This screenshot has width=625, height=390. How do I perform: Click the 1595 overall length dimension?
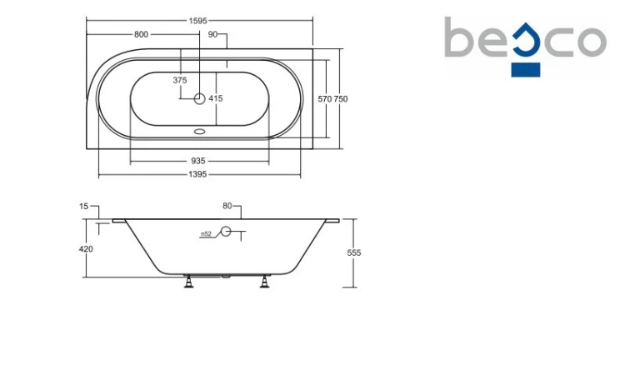click(198, 21)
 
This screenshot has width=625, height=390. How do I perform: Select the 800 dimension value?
click(141, 34)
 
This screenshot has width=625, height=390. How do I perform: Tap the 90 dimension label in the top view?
click(212, 34)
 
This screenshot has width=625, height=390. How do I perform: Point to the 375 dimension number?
click(180, 80)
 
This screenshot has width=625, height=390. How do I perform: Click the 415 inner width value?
click(216, 98)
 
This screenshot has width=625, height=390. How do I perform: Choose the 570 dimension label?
click(325, 99)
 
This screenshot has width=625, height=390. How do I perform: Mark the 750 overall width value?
click(341, 99)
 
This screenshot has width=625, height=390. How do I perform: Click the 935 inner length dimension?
click(198, 161)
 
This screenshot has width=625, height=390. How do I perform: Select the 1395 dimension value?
click(197, 174)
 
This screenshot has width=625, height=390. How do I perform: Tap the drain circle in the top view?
click(199, 98)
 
